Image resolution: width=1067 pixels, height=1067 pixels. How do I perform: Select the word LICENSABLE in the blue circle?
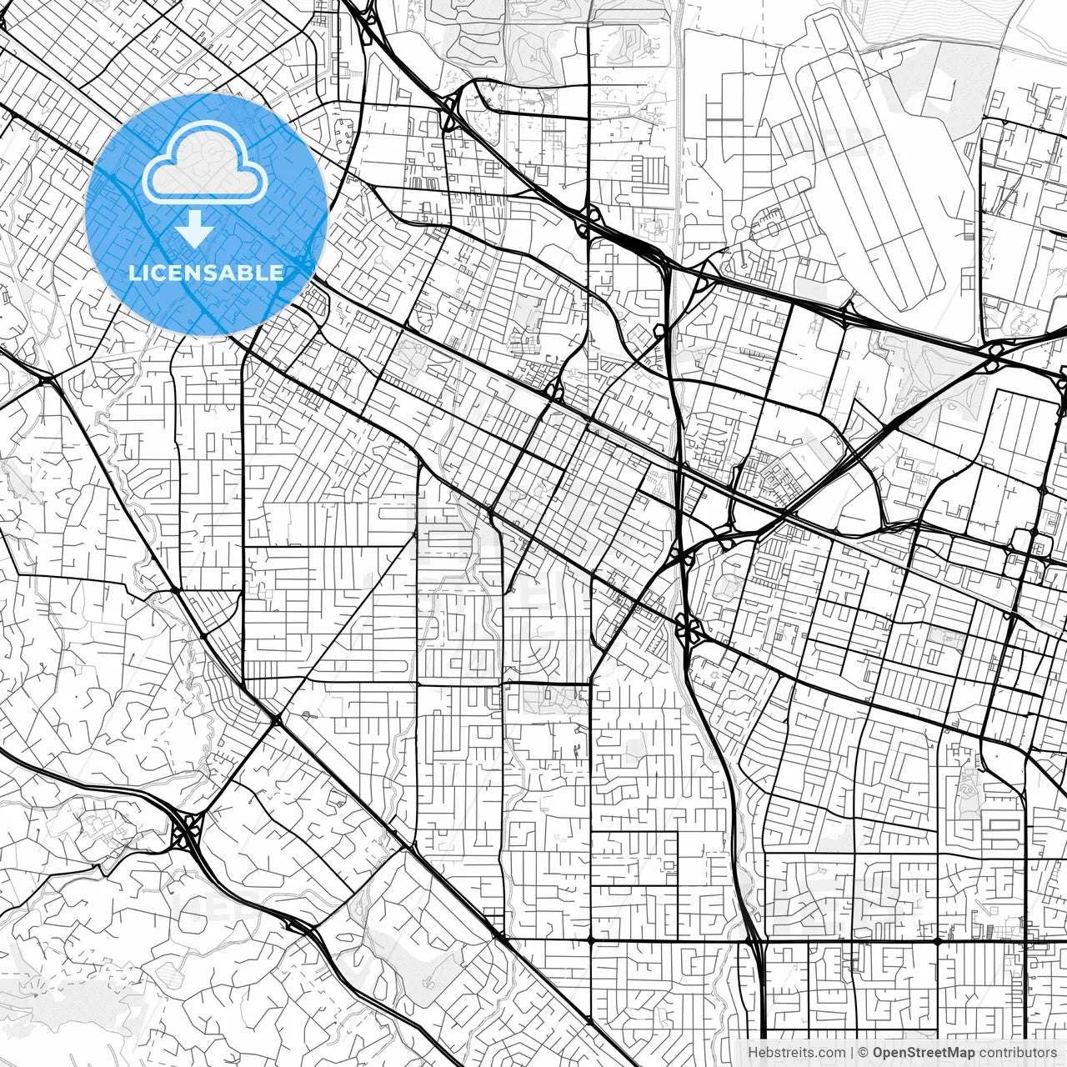coord(205,273)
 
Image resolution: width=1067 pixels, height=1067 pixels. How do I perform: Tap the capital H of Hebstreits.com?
coord(754,1053)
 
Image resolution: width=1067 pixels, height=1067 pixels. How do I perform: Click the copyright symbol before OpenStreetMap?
coord(864,1053)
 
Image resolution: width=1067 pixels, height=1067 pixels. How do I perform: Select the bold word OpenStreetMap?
coord(924,1053)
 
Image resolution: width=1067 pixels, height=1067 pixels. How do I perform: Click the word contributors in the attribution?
coord(1018,1053)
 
